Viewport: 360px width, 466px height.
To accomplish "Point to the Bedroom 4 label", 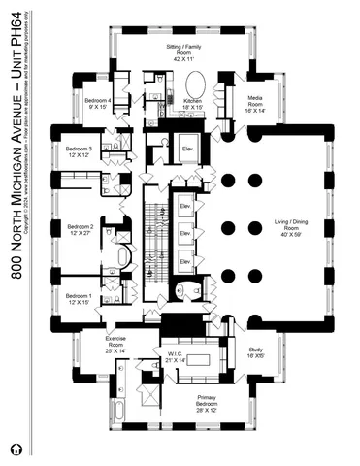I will click(98, 103).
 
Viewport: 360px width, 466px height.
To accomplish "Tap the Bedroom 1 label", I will click(79, 298).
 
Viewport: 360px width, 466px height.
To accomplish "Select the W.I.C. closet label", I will click(177, 356).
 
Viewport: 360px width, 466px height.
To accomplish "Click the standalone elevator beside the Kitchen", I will click(188, 149).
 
